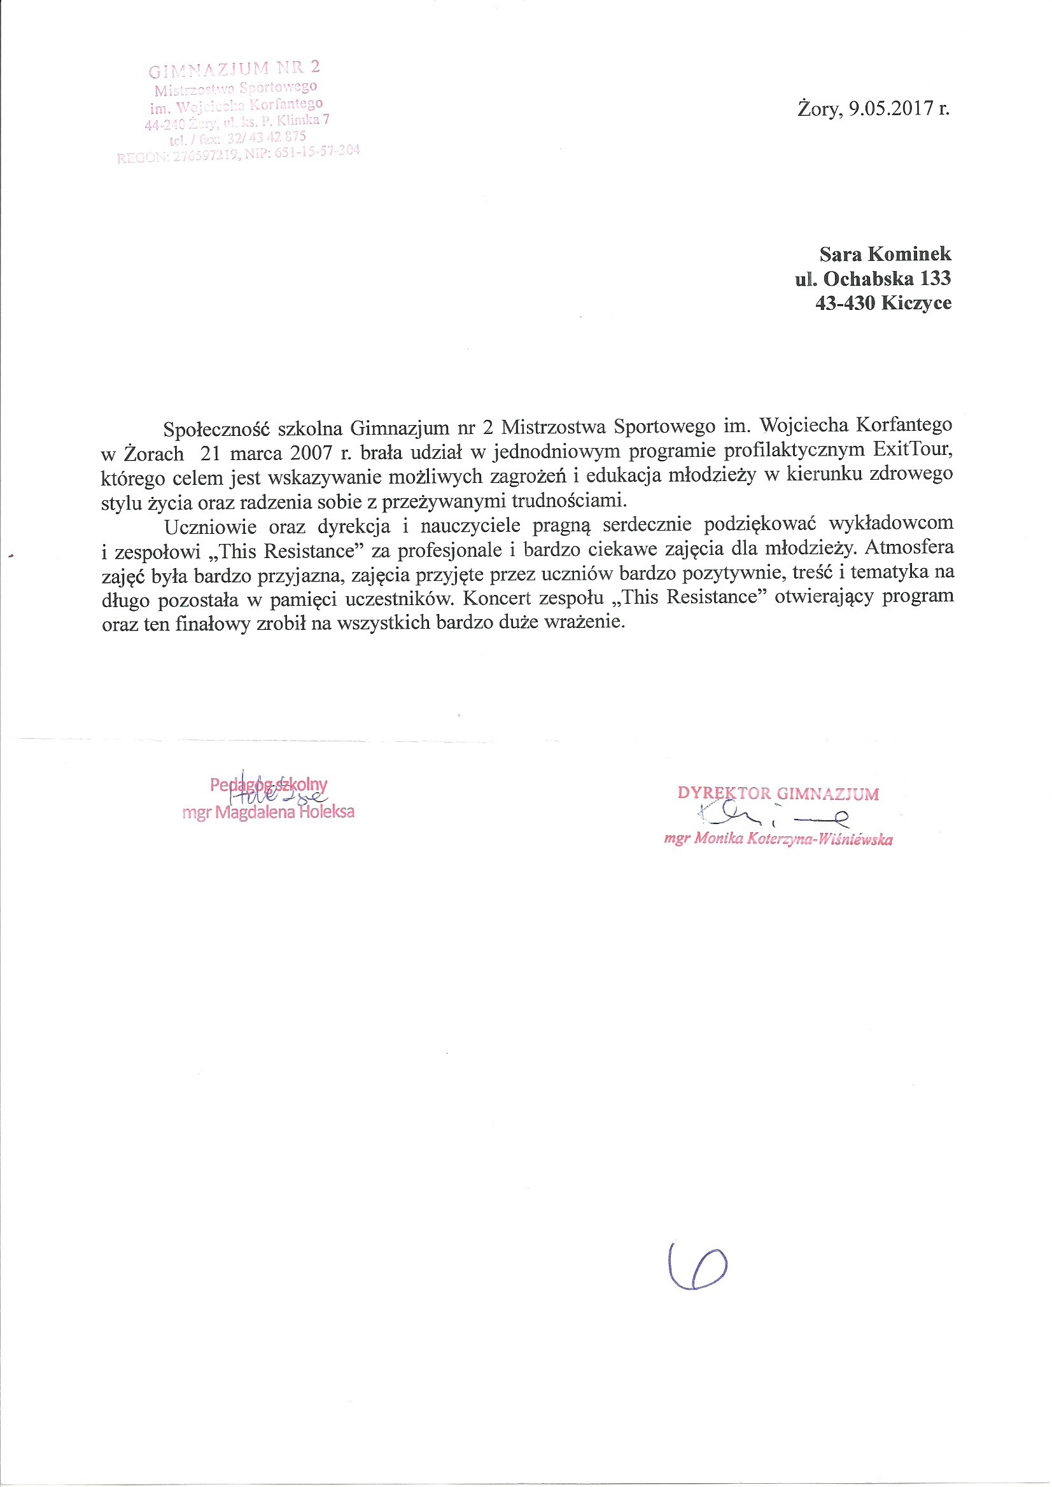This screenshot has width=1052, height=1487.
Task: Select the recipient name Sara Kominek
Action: coord(885,253)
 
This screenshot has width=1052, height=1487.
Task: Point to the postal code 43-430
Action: coord(845,302)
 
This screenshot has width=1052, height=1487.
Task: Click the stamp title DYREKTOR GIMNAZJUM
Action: coord(778,793)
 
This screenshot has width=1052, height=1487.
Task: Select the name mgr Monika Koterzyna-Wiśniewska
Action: coord(778,839)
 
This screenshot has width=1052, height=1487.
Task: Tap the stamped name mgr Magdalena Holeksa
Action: coord(268,812)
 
